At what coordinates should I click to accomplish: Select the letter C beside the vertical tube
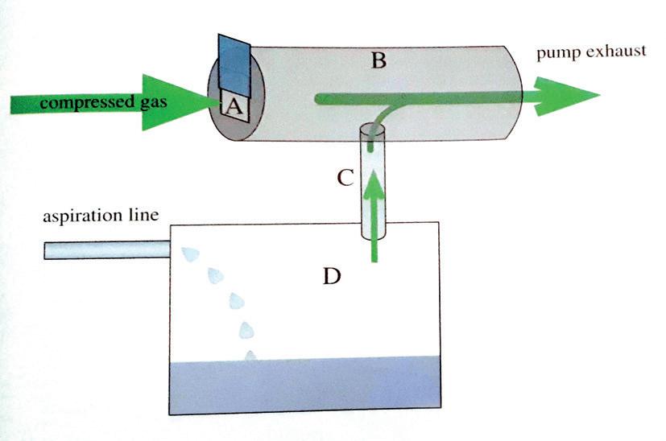click(345, 176)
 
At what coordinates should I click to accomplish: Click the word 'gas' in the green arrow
click(153, 103)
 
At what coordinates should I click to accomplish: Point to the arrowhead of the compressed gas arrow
click(190, 103)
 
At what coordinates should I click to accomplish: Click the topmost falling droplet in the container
click(189, 255)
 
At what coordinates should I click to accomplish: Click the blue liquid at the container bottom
click(306, 385)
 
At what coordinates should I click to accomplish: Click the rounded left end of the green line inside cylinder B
click(320, 98)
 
